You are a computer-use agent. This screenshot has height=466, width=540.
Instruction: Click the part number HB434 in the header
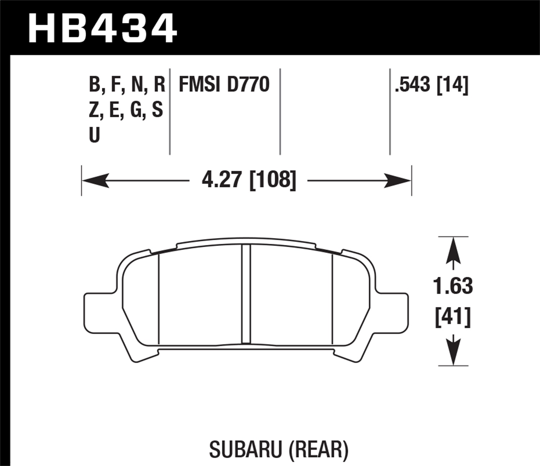(x=102, y=28)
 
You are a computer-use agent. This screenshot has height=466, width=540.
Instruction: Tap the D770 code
(x=248, y=85)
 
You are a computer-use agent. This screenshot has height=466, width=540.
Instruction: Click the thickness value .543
(x=413, y=85)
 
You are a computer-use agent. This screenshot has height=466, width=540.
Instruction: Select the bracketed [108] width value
(x=273, y=180)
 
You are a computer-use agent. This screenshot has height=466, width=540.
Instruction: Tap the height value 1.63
(x=453, y=286)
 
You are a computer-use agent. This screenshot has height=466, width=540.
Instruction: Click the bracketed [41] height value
(x=453, y=317)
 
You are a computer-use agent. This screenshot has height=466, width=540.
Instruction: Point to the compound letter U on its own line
(x=94, y=136)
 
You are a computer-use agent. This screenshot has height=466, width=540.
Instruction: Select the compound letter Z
(x=93, y=110)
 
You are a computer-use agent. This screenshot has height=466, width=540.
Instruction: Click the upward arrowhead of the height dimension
(x=453, y=251)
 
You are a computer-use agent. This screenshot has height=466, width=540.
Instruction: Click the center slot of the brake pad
(x=246, y=294)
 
